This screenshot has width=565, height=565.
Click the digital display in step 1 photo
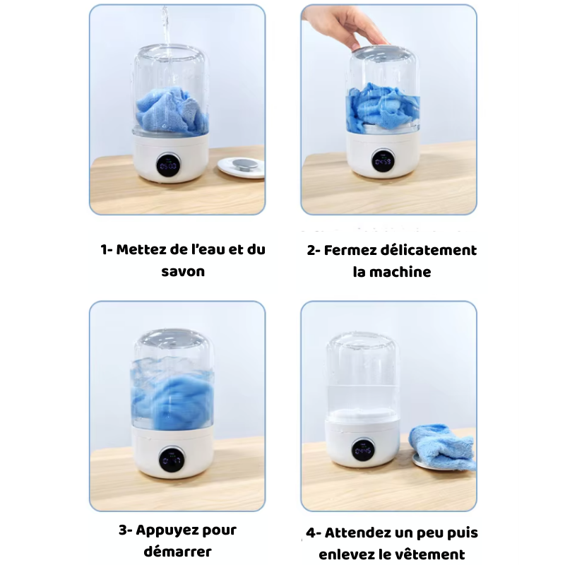[x=168, y=165]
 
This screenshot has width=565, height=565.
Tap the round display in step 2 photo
[x=383, y=160]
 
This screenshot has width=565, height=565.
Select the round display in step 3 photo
[x=172, y=460]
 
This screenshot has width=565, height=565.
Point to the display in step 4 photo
[x=363, y=451]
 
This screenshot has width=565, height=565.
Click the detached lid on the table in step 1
[x=241, y=167]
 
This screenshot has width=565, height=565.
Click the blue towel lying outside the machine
[x=443, y=446]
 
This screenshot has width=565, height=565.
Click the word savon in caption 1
[x=183, y=272]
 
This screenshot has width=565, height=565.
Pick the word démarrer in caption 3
[x=178, y=552]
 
